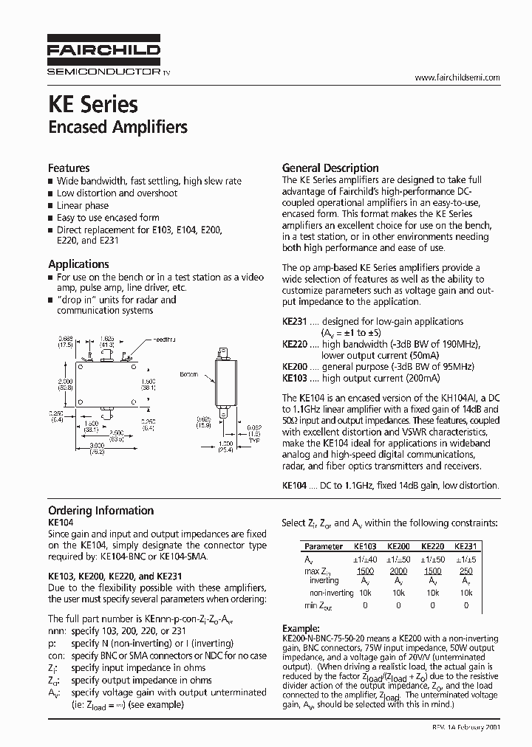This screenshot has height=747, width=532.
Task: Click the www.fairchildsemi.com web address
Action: click(457, 78)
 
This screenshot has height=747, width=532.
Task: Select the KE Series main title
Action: click(93, 103)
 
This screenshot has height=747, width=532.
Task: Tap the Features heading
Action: click(69, 168)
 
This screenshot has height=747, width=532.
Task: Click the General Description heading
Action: click(330, 168)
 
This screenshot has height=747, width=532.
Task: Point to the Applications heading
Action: click(78, 264)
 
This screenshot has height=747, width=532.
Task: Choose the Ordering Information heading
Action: click(100, 510)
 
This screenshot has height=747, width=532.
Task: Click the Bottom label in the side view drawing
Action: click(190, 374)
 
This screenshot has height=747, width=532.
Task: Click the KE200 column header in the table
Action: click(398, 547)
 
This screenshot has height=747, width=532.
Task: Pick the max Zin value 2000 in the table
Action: click(398, 571)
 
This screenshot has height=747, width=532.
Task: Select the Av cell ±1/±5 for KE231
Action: click(465, 560)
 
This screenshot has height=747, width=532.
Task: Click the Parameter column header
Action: click(324, 547)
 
